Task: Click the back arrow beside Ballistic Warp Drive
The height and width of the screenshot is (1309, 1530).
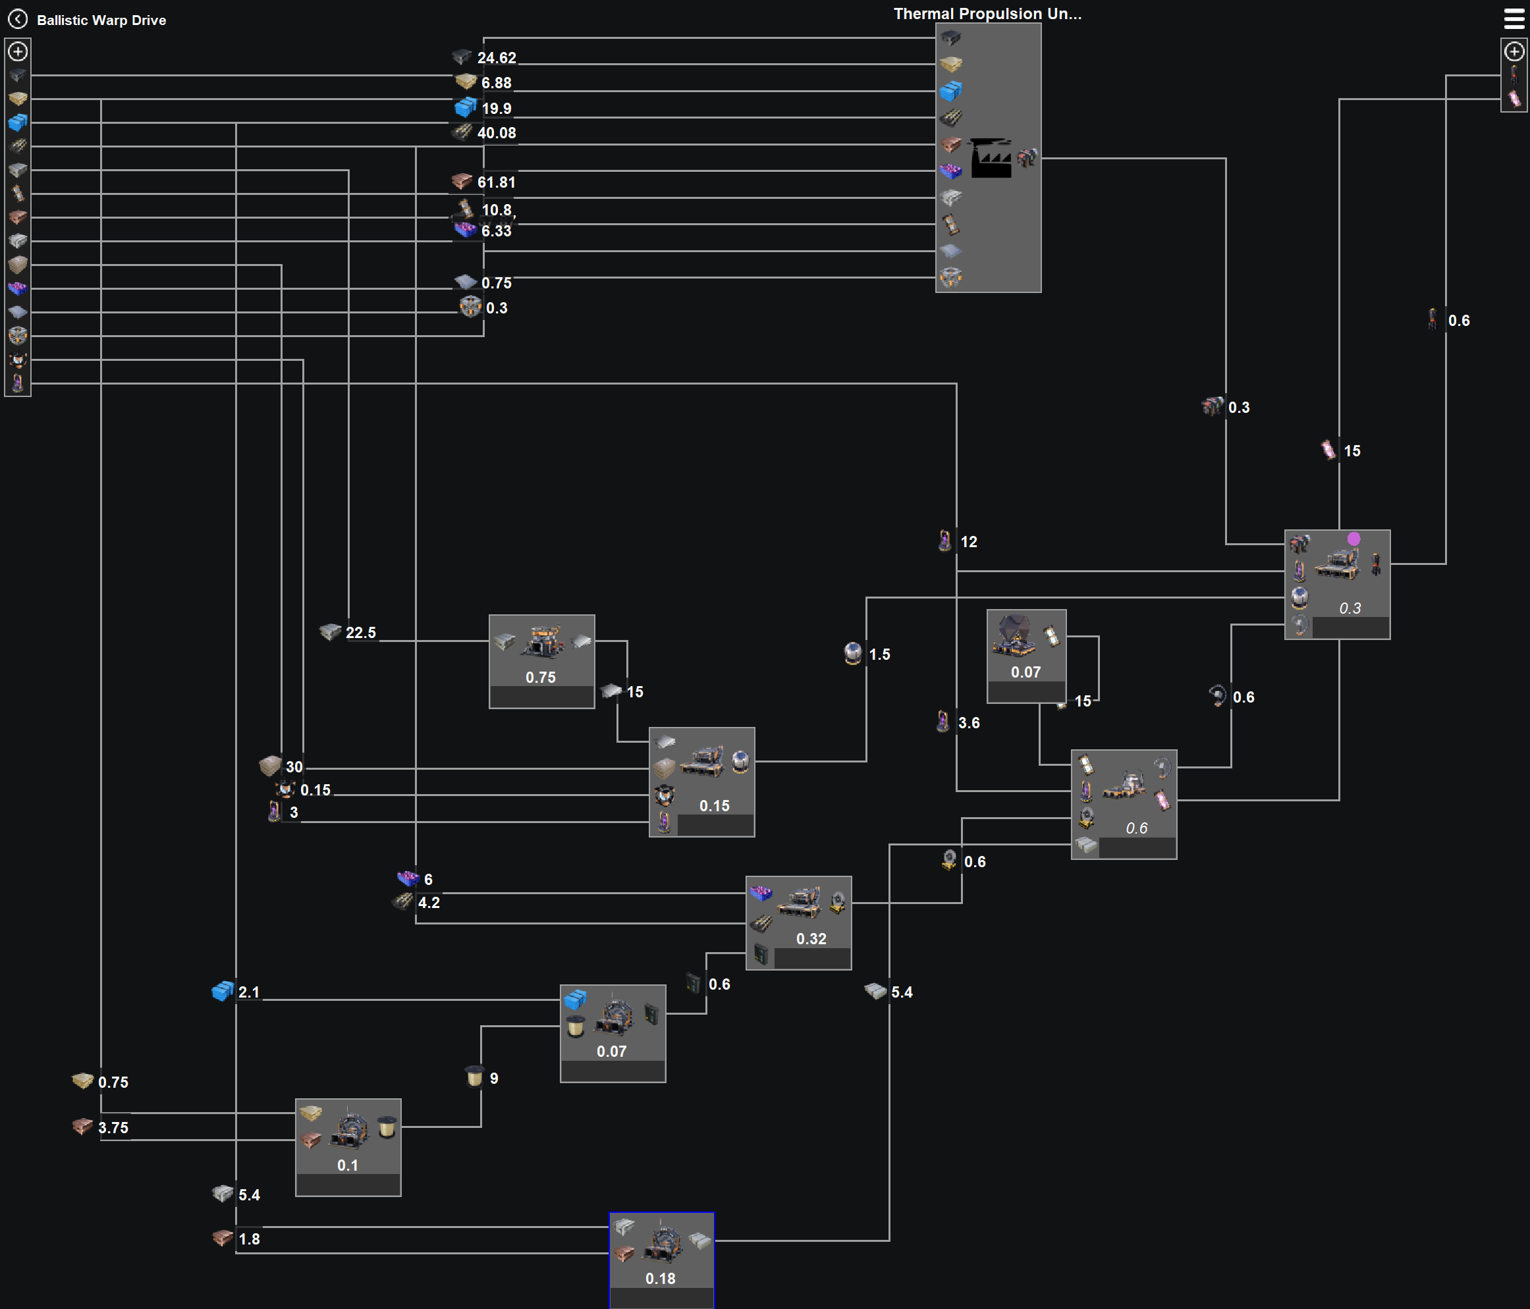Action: tap(18, 19)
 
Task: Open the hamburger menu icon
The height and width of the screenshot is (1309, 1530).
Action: tap(1513, 18)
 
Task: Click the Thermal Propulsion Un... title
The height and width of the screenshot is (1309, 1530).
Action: tap(987, 13)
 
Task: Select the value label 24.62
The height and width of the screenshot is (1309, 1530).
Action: tap(496, 57)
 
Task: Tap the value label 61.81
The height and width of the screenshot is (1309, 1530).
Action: tap(496, 182)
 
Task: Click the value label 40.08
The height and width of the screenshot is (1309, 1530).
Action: tap(496, 133)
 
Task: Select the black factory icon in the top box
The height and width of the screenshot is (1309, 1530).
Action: tap(989, 157)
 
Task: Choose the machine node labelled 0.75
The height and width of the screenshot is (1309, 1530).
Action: tap(541, 661)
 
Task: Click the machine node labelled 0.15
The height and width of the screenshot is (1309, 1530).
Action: tap(701, 781)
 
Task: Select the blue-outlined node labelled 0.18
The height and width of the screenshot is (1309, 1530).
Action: tap(662, 1260)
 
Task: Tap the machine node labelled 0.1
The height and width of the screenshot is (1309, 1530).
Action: tap(348, 1146)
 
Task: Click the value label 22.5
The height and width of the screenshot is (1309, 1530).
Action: tap(360, 633)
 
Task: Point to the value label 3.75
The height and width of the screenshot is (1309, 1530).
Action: tap(113, 1127)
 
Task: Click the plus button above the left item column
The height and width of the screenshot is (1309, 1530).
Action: tap(18, 51)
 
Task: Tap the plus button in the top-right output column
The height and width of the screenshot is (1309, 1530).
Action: tap(1514, 51)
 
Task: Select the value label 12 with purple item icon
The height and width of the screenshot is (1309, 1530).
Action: tap(968, 542)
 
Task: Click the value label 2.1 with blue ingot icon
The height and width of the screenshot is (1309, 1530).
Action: tap(249, 992)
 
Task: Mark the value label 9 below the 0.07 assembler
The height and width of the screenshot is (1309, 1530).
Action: tap(493, 1078)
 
